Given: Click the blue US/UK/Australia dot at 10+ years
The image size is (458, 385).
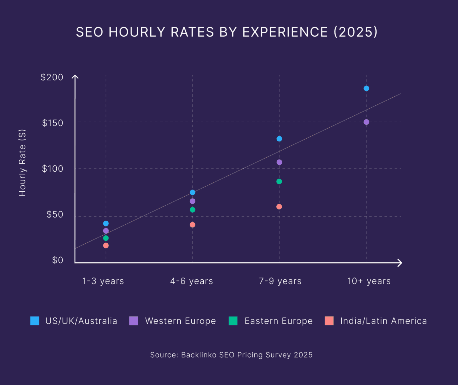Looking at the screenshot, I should click(366, 88).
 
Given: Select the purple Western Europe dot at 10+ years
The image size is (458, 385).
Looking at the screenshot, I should click(366, 122).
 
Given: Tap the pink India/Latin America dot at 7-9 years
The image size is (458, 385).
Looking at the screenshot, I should click(279, 207).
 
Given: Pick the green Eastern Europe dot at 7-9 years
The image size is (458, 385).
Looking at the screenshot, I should click(279, 181).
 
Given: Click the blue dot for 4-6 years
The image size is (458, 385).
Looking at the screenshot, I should click(192, 192).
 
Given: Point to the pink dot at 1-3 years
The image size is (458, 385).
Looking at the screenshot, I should click(106, 245).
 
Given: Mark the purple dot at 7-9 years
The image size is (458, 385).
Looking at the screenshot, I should click(279, 162).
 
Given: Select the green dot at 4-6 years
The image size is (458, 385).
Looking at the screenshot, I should click(192, 210).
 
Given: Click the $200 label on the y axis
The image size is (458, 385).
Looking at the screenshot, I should click(52, 77).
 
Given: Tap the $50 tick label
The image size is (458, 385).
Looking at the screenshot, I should click(55, 215).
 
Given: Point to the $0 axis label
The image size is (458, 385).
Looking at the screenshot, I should click(58, 260).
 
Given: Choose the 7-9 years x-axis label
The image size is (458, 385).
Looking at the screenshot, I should click(280, 281).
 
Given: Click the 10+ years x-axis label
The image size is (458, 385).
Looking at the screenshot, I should click(369, 281).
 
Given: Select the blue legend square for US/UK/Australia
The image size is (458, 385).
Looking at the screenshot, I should click(35, 321).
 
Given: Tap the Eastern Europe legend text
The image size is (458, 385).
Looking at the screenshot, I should click(278, 321).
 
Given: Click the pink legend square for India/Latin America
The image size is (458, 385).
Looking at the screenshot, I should click(329, 321).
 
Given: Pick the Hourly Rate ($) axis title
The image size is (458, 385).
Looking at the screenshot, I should click(22, 163).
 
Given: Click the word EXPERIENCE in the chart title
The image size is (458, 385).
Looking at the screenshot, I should click(285, 32).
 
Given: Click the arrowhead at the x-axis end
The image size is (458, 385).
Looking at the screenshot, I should click(400, 263).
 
